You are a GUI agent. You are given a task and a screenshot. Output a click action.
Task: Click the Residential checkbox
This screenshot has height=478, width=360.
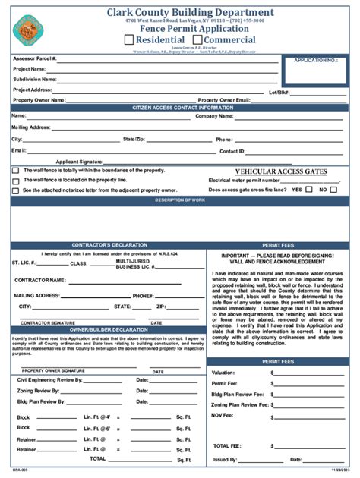coord(128,39)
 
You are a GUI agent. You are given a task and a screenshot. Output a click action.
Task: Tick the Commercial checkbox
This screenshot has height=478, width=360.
coord(197,39)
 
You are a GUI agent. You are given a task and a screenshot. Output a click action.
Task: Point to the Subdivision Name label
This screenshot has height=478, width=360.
coord(34,79)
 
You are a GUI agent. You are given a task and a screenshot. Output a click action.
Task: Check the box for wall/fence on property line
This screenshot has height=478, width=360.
coord(15,181)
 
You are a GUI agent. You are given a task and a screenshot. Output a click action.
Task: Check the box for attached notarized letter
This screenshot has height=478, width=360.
coord(15,190)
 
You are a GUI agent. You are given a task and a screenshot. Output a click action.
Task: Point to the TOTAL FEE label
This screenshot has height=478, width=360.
coord(229,445)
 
